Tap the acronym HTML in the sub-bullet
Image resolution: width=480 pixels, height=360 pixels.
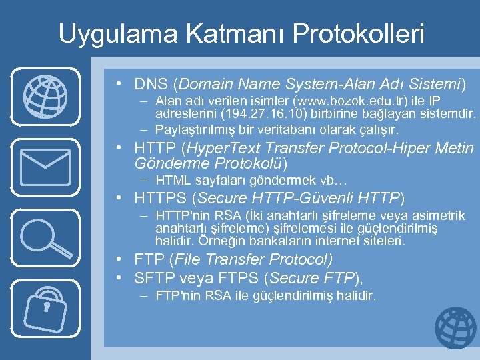[x=171, y=181]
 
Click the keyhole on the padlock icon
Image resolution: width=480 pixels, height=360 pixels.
[x=47, y=307]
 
